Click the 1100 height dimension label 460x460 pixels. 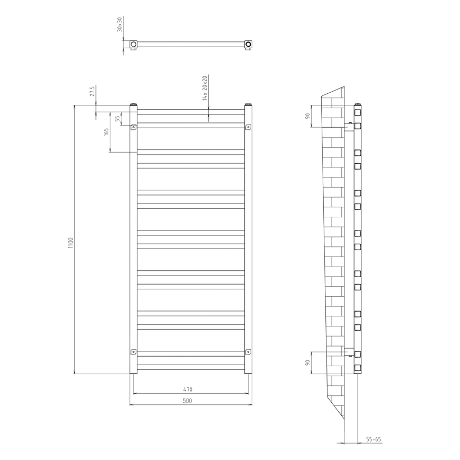(70, 244)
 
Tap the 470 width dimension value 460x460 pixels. (187, 390)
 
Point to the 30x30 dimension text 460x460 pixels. (120, 24)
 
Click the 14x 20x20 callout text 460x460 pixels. (204, 87)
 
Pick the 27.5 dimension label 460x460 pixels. (92, 91)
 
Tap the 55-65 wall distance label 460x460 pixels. (374, 439)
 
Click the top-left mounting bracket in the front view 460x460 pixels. (134, 127)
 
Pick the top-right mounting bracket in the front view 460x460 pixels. (248, 127)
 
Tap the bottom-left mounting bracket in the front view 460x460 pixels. (134, 351)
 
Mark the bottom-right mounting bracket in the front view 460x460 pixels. (248, 351)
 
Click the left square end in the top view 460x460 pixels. (134, 43)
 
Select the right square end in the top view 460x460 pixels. (248, 43)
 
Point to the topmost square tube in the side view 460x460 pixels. (358, 113)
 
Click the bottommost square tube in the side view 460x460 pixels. (358, 367)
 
